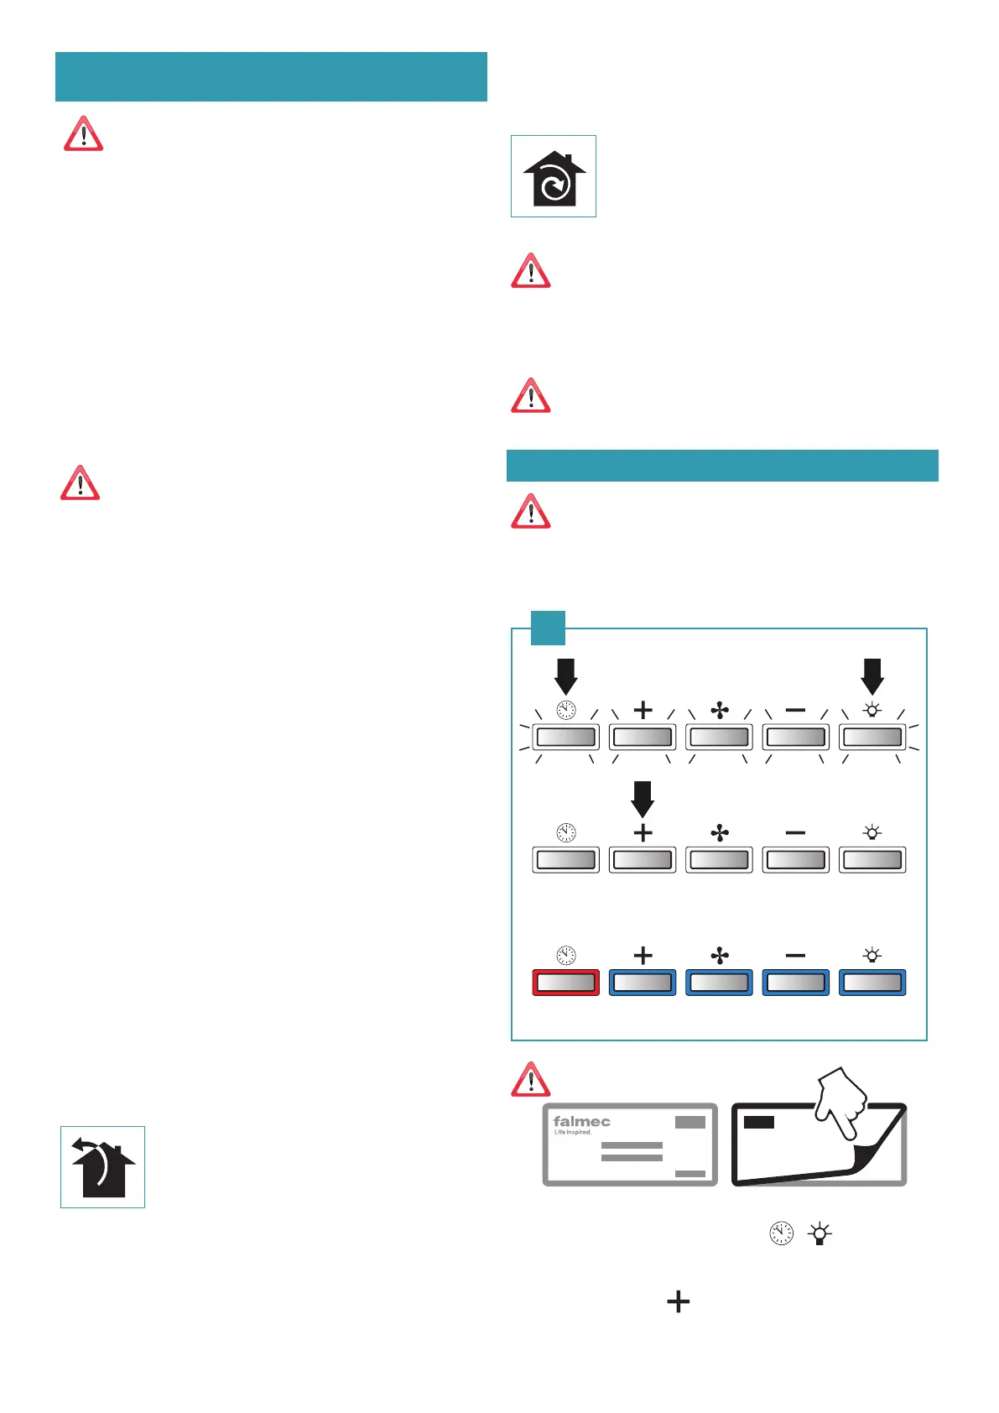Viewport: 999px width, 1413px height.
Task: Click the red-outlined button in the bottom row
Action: point(565,982)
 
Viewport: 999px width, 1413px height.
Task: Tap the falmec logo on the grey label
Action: point(581,1122)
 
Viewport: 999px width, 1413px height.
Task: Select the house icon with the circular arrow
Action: point(554,177)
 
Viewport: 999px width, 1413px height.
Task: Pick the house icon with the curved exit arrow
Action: point(102,1167)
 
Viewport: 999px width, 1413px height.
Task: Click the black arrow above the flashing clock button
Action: point(566,675)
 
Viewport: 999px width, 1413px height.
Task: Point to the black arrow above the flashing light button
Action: point(872,675)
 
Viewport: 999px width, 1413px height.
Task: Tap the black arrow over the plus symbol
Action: point(643,798)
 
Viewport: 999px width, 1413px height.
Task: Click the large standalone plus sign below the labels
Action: point(678,1301)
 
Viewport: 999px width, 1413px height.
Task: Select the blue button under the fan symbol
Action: point(719,982)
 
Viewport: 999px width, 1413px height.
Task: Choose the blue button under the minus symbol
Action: point(795,982)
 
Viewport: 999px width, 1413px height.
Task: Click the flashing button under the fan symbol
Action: point(719,738)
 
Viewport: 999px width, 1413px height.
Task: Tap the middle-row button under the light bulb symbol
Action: point(872,860)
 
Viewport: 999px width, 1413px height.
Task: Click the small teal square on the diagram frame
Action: point(548,628)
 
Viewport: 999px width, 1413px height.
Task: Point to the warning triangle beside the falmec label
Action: point(531,1080)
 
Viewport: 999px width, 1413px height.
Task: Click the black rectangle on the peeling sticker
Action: point(759,1122)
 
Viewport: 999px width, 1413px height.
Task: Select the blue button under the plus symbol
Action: point(643,982)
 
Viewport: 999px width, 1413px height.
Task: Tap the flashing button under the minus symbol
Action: point(795,738)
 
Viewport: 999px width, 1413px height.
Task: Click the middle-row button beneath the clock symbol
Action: point(565,860)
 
